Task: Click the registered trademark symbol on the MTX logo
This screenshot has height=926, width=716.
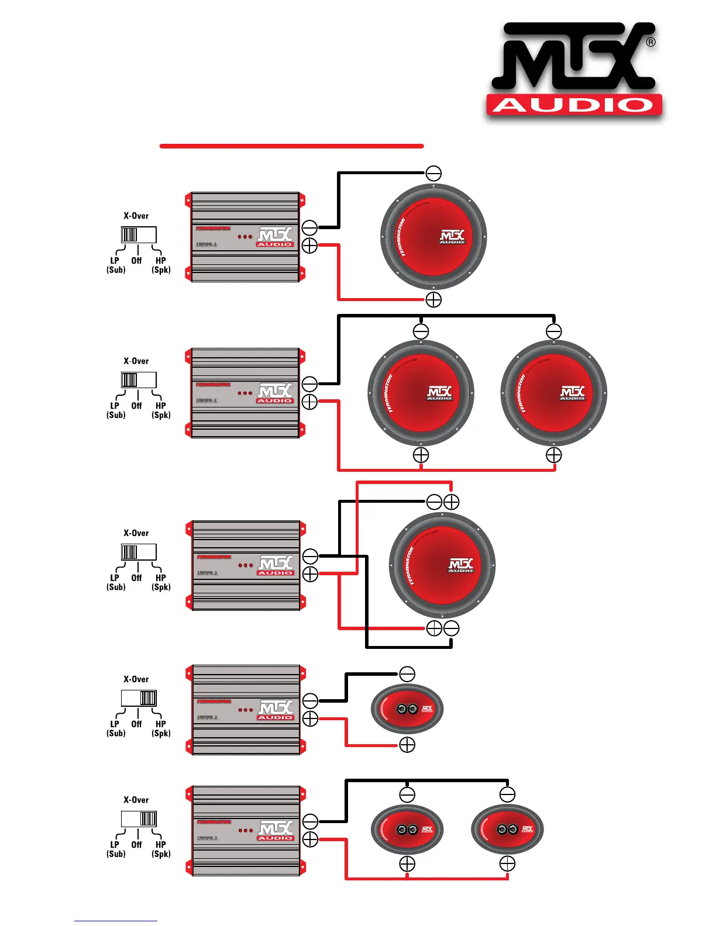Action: tap(650, 43)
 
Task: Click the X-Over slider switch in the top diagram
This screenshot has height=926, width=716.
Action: tap(139, 234)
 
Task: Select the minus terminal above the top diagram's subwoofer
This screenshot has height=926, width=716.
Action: tap(433, 173)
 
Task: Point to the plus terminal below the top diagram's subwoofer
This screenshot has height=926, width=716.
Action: tap(433, 299)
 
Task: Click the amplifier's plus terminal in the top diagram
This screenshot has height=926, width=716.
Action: tap(309, 246)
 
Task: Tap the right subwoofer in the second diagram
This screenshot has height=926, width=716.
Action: tap(553, 393)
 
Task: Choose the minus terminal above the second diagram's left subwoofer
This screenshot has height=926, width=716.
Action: tap(421, 331)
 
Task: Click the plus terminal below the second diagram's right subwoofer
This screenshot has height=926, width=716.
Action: tap(553, 455)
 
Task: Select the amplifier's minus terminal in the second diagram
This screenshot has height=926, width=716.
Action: tap(309, 384)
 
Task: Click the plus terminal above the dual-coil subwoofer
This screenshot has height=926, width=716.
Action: tap(451, 502)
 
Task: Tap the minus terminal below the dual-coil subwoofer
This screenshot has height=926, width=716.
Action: tap(451, 628)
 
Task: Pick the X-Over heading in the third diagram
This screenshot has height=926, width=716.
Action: tap(136, 533)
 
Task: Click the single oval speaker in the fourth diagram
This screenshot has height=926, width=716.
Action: tap(407, 709)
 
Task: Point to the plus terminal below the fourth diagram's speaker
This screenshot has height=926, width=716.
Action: tap(407, 745)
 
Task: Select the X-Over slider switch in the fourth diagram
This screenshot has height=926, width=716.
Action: tap(139, 698)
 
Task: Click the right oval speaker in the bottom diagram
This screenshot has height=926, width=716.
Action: tap(507, 829)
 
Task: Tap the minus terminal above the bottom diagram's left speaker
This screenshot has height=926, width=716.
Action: tap(407, 795)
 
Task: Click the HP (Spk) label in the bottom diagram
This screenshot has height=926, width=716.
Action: tap(161, 849)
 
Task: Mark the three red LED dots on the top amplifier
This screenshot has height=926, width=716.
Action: tap(245, 237)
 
